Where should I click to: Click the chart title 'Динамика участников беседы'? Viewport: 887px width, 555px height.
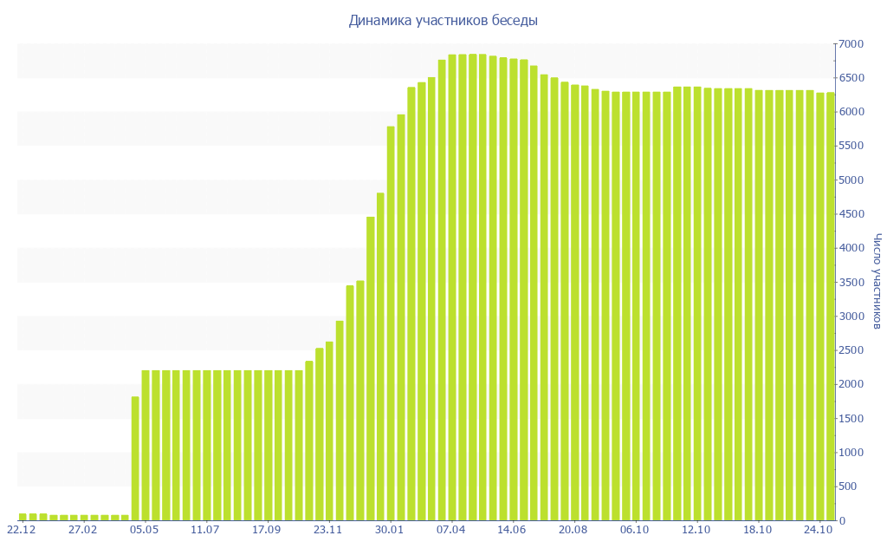[x=443, y=20]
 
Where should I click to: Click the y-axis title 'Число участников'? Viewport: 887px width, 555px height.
[x=877, y=281]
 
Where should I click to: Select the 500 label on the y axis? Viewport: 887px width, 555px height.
[x=854, y=486]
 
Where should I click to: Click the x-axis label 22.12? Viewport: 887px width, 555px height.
[x=21, y=529]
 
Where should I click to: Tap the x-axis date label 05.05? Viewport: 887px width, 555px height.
[x=144, y=529]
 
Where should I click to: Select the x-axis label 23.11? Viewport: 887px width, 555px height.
[x=328, y=529]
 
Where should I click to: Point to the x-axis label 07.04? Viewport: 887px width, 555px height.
[x=451, y=529]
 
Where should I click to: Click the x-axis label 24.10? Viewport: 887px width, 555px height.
[x=819, y=529]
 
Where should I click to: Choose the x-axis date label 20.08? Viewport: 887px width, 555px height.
[x=573, y=529]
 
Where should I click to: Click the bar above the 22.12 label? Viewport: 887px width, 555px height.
[x=23, y=517]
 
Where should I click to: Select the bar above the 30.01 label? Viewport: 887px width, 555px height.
[x=391, y=323]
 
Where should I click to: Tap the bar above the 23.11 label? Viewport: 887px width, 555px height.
[x=329, y=431]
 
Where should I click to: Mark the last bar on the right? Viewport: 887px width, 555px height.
[x=830, y=306]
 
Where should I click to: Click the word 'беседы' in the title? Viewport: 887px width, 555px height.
[x=515, y=20]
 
